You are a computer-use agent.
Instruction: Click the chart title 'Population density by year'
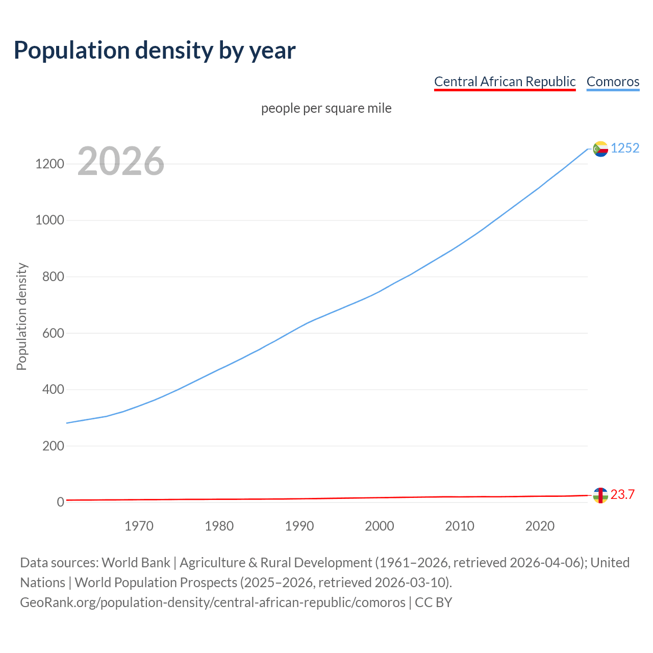155,50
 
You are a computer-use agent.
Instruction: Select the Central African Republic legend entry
505,82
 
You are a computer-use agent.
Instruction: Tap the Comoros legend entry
613,82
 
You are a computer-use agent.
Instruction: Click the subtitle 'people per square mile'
326,108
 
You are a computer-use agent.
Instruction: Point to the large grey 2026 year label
121,161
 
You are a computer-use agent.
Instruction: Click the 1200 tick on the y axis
49,164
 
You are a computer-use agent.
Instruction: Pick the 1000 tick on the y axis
49,220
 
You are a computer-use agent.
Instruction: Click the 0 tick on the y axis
61,502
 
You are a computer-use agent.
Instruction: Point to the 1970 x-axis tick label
139,526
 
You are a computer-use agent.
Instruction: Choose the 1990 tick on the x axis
299,526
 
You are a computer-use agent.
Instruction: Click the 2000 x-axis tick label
380,526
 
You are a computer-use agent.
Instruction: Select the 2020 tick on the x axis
540,526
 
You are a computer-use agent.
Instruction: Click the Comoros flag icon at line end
600,149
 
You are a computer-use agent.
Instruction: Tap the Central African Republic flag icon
600,495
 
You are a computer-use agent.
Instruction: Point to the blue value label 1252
625,148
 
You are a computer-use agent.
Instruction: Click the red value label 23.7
622,494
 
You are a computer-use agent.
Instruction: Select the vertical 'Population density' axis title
21,316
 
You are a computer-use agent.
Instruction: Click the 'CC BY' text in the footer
433,602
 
